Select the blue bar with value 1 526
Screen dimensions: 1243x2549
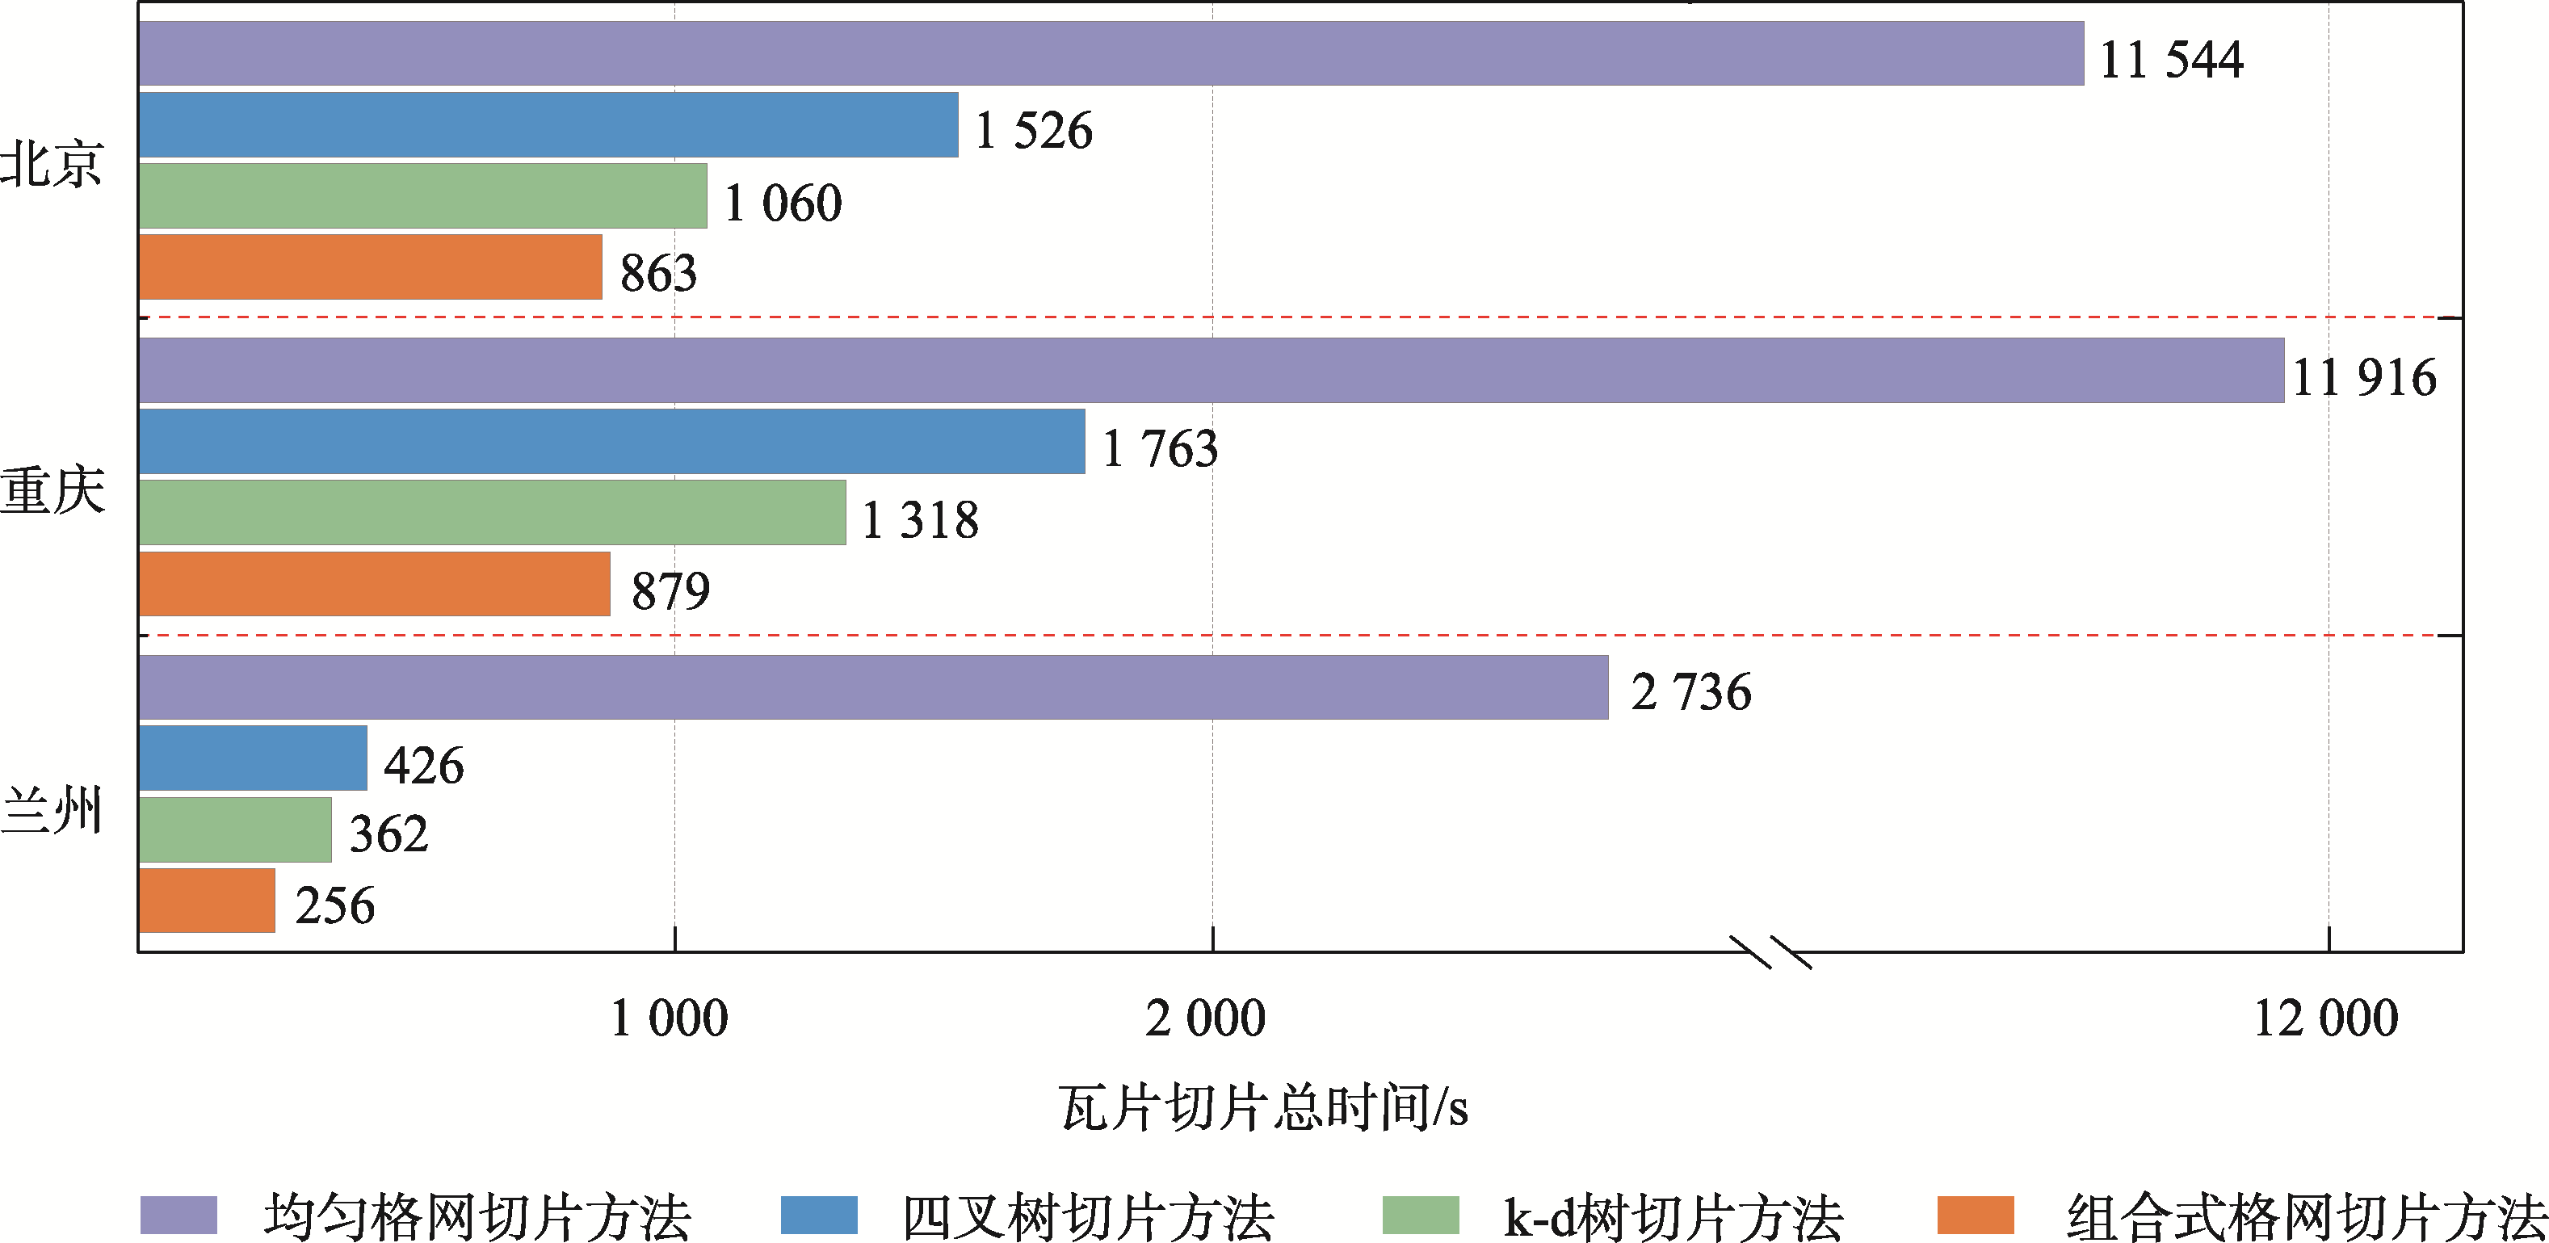click(x=548, y=124)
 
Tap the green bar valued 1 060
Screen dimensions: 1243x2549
click(x=422, y=196)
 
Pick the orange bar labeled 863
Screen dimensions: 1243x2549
click(x=370, y=267)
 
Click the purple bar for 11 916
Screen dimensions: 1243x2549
click(x=1212, y=370)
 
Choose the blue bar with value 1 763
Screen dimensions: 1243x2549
click(x=611, y=441)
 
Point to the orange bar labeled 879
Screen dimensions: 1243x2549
click(x=374, y=584)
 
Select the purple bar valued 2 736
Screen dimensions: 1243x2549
click(x=873, y=687)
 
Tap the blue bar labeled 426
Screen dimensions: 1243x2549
click(x=252, y=758)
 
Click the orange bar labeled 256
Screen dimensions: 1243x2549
click(x=207, y=901)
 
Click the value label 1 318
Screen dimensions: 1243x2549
click(x=920, y=521)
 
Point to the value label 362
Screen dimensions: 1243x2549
click(x=388, y=834)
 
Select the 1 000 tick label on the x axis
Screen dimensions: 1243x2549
click(x=670, y=1019)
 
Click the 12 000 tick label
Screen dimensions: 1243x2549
click(x=2325, y=1019)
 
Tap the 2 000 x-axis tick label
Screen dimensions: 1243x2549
click(x=1205, y=1019)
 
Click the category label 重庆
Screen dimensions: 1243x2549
click(x=52, y=492)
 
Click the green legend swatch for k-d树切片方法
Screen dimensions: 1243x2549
click(x=1420, y=1216)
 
